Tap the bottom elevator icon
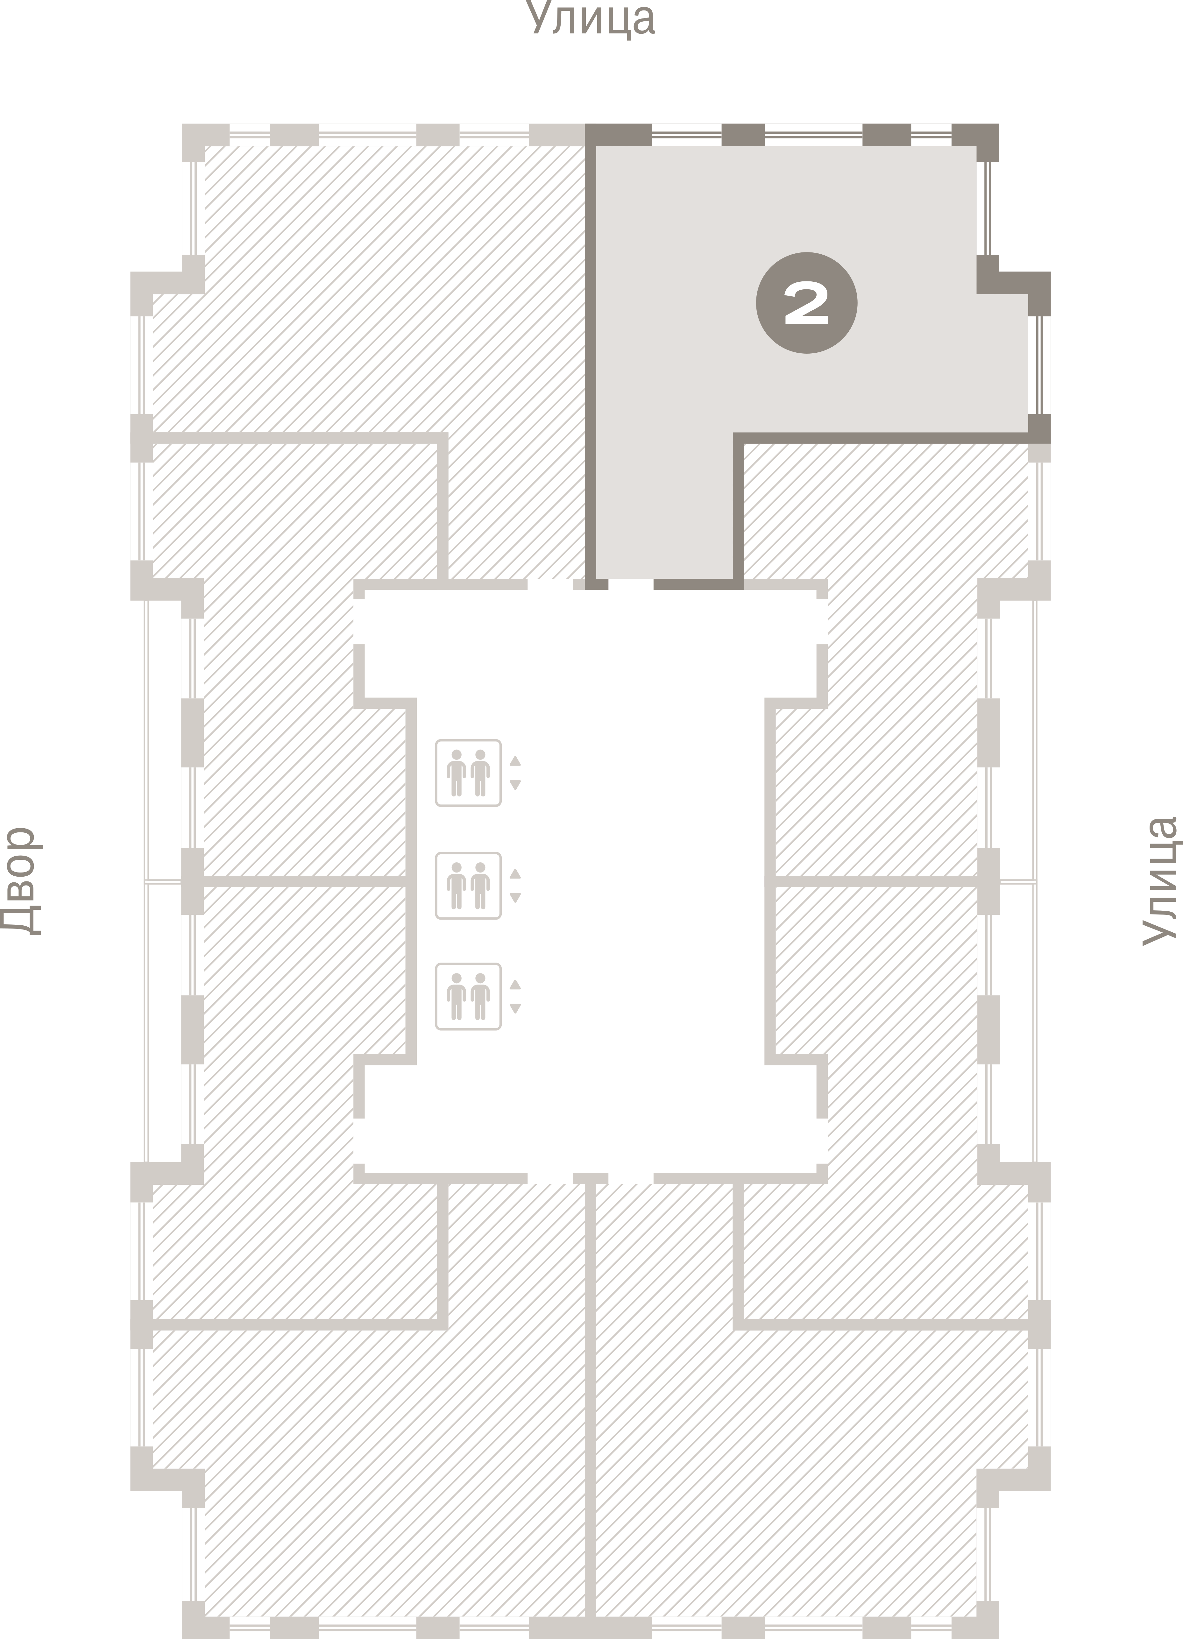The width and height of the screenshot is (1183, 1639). pyautogui.click(x=468, y=997)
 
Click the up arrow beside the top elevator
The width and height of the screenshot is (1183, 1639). pyautogui.click(x=515, y=761)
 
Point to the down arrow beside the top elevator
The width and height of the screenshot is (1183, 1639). pyautogui.click(x=515, y=785)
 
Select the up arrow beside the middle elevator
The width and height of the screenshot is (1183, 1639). pyautogui.click(x=515, y=874)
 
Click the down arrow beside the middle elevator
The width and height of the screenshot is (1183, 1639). pyautogui.click(x=515, y=898)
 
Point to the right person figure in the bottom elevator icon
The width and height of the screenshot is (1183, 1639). pyautogui.click(x=481, y=997)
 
